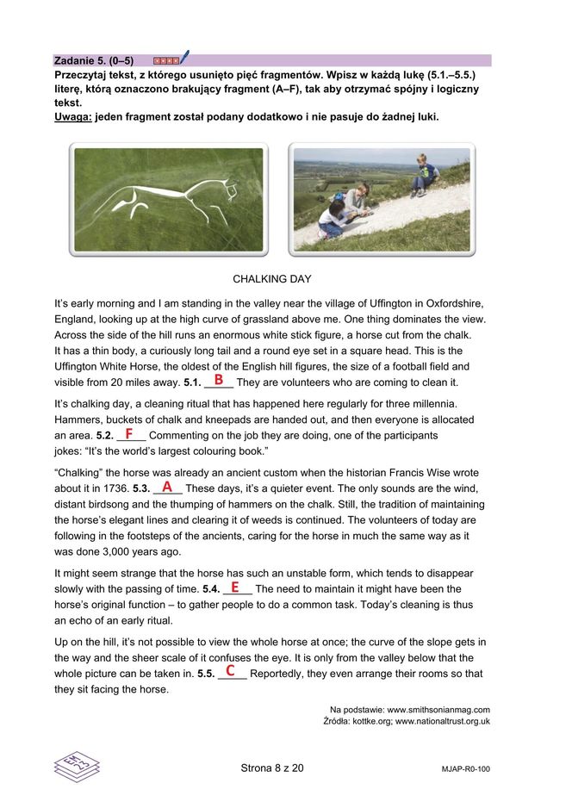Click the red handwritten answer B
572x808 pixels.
[x=219, y=380]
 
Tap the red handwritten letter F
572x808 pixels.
[x=128, y=433]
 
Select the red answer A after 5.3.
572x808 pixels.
[x=167, y=487]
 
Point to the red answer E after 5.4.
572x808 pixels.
[x=234, y=587]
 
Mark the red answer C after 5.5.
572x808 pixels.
[x=230, y=670]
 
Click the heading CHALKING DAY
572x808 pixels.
[x=272, y=279]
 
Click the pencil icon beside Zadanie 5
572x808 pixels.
[x=184, y=58]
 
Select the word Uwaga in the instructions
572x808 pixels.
[x=71, y=116]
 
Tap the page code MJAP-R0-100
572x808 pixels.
[x=465, y=768]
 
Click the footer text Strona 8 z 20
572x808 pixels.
[x=271, y=768]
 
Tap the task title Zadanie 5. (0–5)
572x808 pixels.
[x=93, y=61]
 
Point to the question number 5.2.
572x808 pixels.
[x=104, y=436]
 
